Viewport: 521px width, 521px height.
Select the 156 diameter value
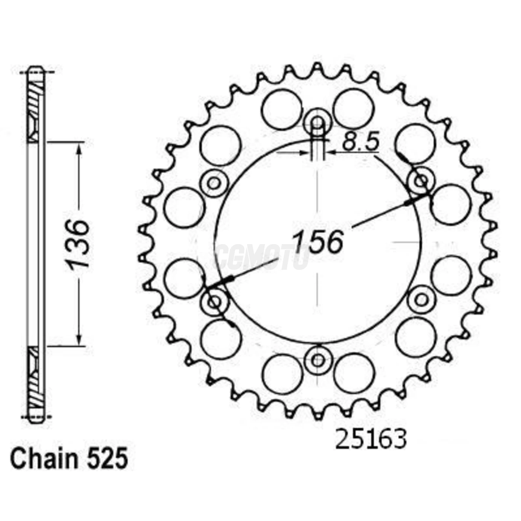click(317, 242)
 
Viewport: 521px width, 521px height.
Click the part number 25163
click(371, 440)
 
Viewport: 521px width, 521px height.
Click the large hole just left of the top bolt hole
click(281, 109)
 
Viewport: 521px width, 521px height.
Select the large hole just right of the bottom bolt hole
click(354, 373)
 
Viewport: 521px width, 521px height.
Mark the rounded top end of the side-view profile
click(36, 69)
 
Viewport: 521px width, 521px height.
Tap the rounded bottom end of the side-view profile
click(36, 420)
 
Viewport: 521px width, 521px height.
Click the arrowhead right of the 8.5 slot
click(331, 152)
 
